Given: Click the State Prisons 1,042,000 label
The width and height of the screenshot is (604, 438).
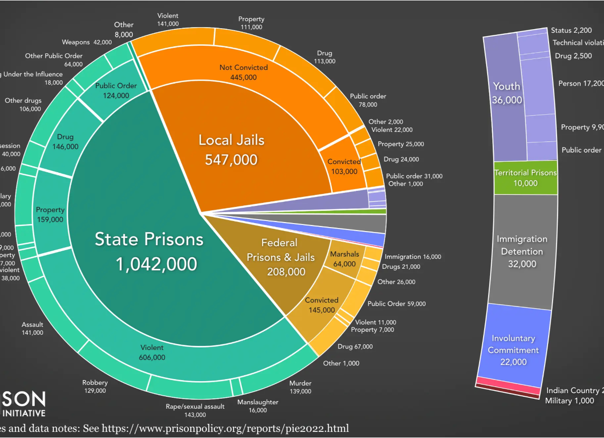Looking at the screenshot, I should (149, 251).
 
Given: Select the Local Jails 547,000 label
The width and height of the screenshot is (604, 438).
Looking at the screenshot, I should (231, 150).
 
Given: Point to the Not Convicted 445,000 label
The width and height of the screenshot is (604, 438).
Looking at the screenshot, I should (244, 72).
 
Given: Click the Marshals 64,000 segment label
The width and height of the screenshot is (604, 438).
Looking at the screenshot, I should (344, 259).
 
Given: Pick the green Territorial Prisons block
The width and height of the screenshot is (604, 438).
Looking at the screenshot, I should (525, 177).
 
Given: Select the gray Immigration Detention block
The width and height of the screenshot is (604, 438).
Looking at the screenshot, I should (521, 251).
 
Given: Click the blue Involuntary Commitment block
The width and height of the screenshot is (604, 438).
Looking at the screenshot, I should (513, 350).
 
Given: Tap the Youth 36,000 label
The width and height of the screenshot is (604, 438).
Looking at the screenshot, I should (507, 93).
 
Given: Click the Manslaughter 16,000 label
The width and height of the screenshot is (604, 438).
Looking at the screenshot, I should (258, 406).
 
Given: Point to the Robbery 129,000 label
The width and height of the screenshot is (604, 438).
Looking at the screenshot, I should (95, 386).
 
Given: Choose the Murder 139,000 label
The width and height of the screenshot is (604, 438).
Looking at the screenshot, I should (300, 387).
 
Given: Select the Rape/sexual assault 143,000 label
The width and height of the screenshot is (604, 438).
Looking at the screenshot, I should (195, 410).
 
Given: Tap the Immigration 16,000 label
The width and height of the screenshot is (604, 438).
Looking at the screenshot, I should (413, 257).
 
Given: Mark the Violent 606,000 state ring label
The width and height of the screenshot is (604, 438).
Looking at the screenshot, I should (152, 352).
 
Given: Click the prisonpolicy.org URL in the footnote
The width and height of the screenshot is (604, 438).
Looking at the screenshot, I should (225, 428).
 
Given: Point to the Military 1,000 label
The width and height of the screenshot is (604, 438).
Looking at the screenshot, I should (569, 401).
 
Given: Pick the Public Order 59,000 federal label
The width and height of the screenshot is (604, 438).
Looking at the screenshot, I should (396, 304).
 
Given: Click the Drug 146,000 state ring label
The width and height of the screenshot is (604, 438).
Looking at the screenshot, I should (65, 141).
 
